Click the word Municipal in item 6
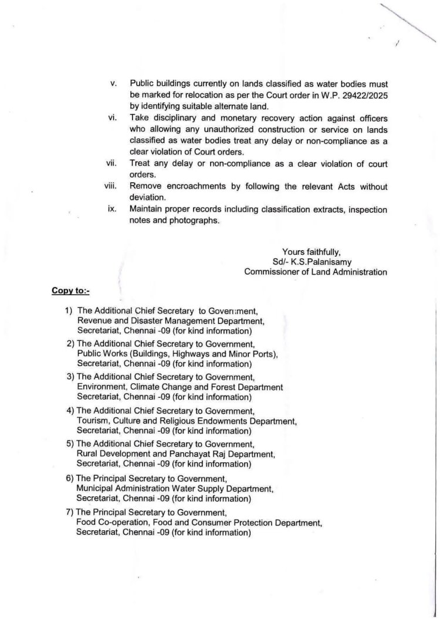point(95,487)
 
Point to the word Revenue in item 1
point(94,320)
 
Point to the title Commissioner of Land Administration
point(316,271)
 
